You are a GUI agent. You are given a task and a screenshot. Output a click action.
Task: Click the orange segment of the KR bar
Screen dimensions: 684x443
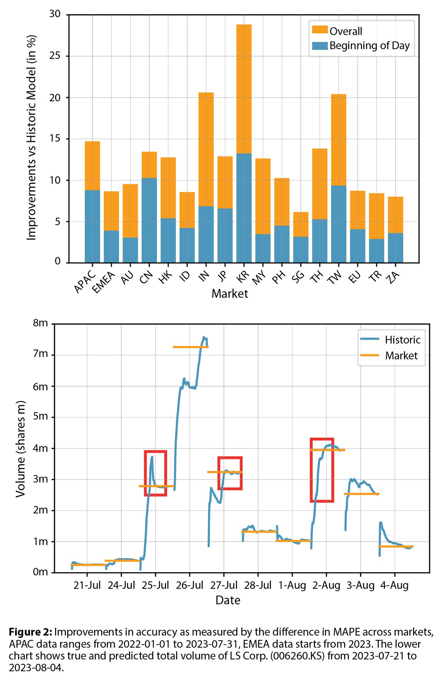[x=244, y=89]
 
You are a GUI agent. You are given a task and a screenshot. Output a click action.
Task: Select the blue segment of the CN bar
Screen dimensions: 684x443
[x=149, y=220]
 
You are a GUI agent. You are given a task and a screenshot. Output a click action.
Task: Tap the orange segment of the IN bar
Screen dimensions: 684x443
[x=206, y=149]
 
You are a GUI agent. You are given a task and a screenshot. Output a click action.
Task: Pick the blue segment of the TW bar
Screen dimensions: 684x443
[x=339, y=224]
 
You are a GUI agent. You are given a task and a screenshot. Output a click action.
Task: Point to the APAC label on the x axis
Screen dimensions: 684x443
[x=85, y=282]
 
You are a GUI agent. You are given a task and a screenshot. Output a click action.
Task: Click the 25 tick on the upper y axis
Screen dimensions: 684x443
[x=55, y=56]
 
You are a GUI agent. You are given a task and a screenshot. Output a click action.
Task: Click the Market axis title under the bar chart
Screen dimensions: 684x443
[x=230, y=294]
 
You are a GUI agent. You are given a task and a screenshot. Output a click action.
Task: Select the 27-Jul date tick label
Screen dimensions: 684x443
[x=224, y=585]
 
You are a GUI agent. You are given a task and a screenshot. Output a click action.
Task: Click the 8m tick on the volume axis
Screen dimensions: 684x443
[x=40, y=323]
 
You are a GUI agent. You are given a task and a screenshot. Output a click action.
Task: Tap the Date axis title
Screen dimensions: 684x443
[x=228, y=600]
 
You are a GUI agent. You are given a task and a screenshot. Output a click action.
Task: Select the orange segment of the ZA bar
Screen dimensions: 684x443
[x=395, y=214]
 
